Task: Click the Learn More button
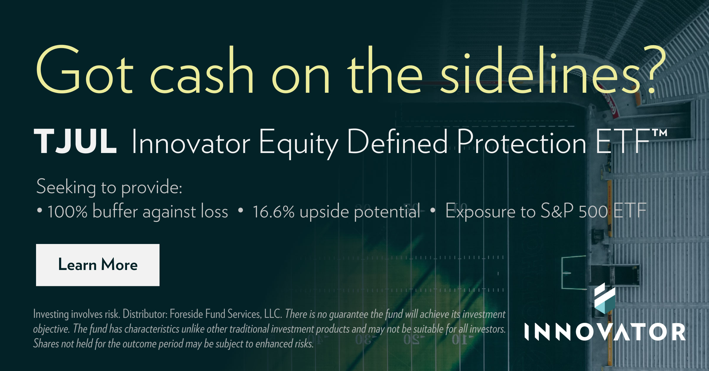pyautogui.click(x=98, y=265)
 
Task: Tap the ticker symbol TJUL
pyautogui.click(x=76, y=142)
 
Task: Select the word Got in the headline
pyautogui.click(x=84, y=70)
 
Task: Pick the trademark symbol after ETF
pyautogui.click(x=660, y=133)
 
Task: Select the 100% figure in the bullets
pyautogui.click(x=67, y=212)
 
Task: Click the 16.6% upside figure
pyautogui.click(x=274, y=212)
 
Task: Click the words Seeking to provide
pyautogui.click(x=109, y=187)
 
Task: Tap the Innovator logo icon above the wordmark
pyautogui.click(x=605, y=298)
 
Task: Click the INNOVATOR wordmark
pyautogui.click(x=605, y=332)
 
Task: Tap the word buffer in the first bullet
pyautogui.click(x=115, y=211)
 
